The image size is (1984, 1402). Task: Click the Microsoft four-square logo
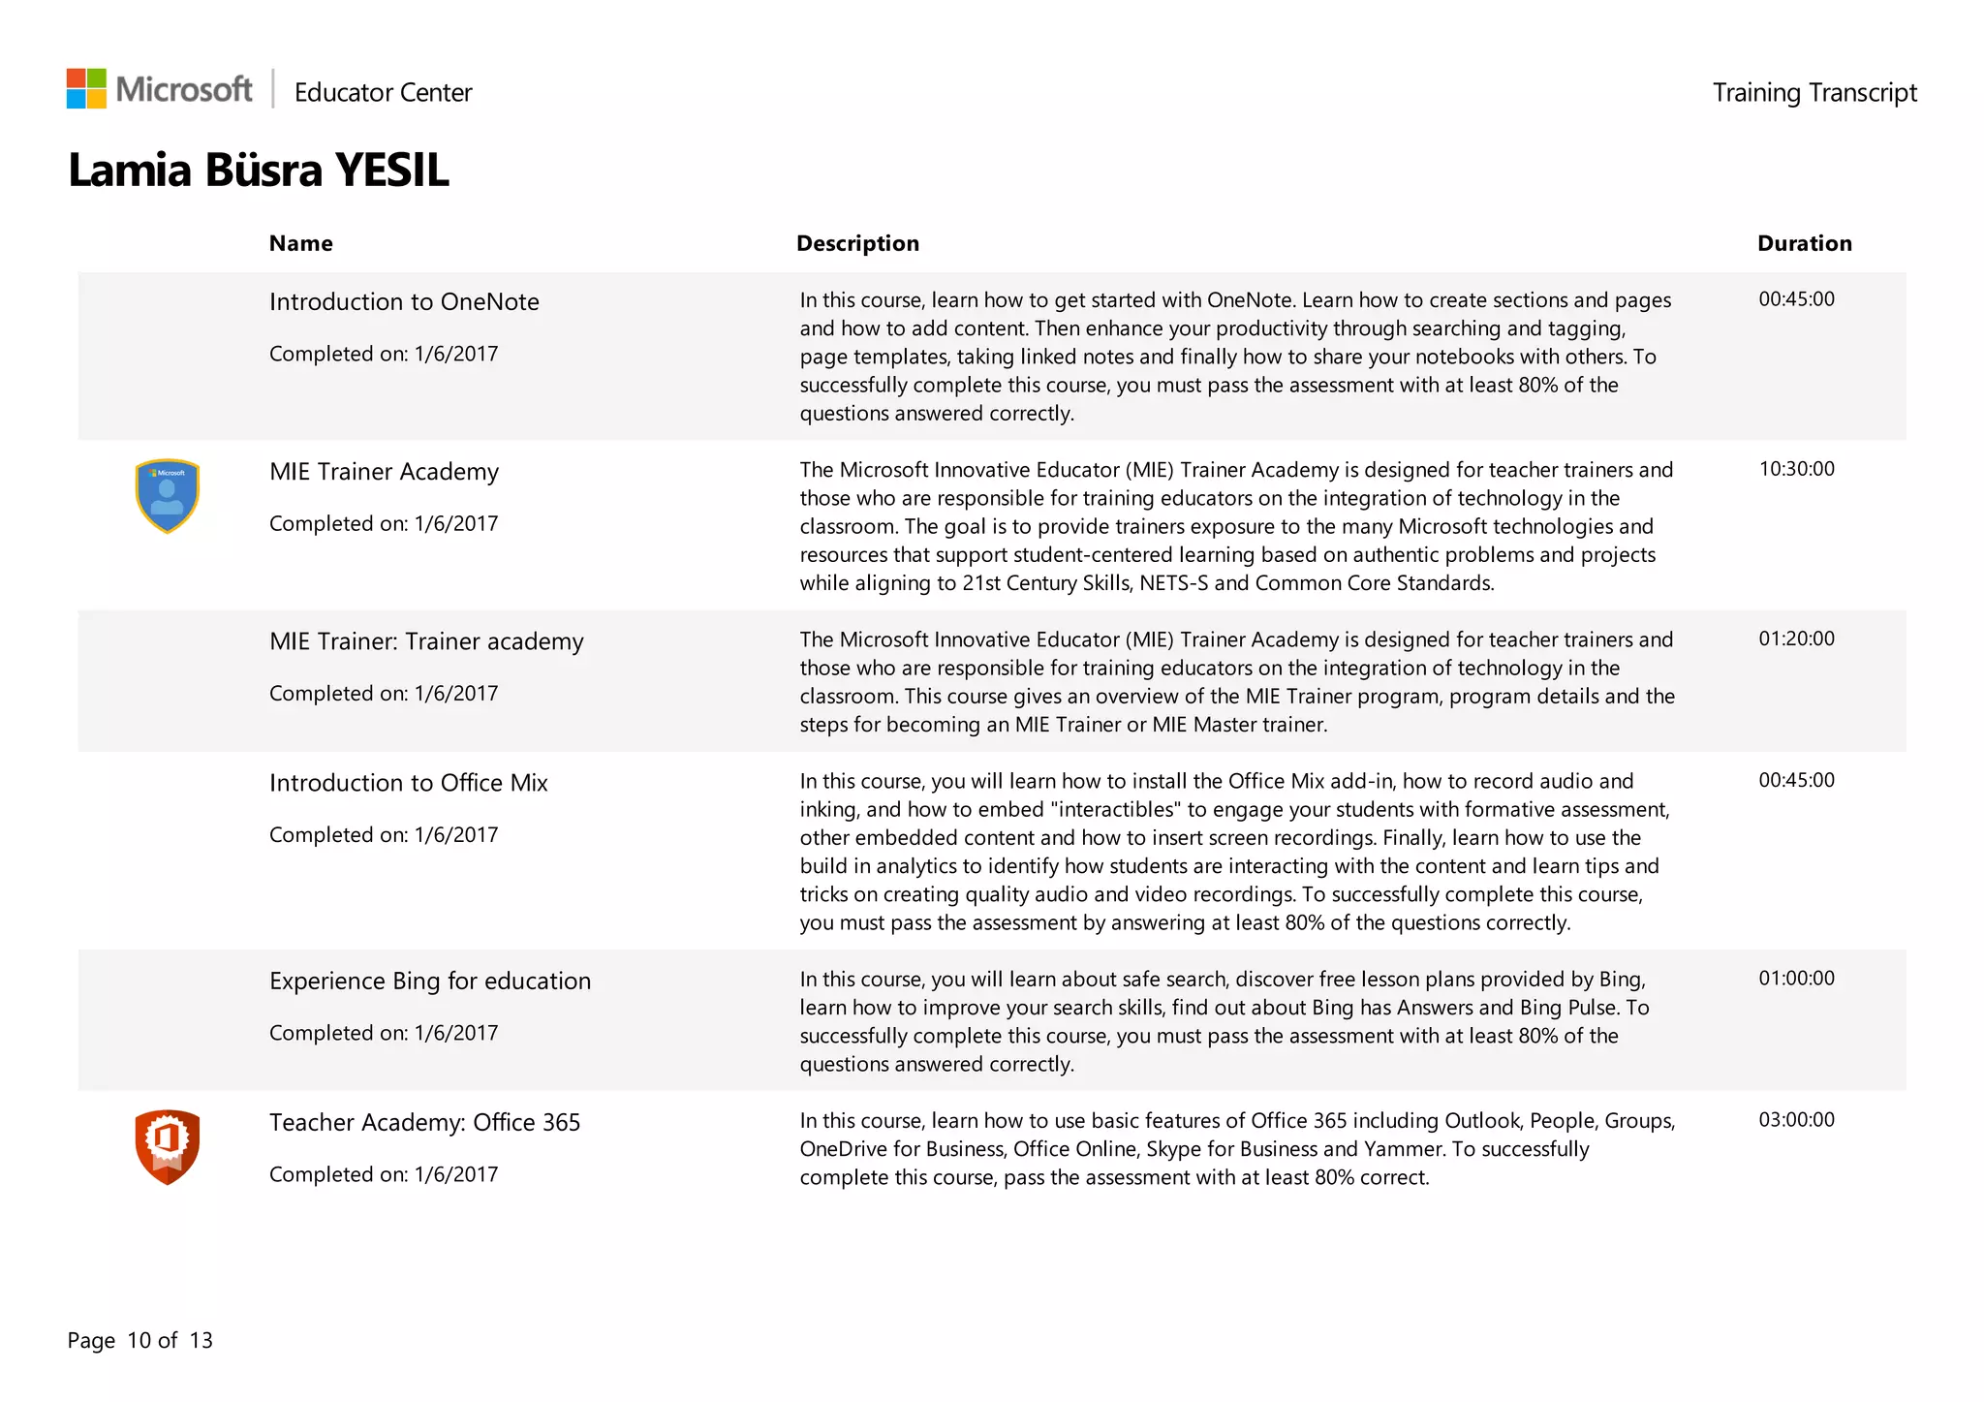(86, 88)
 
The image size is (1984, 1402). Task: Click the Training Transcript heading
(1813, 93)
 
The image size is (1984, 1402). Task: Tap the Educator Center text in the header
(383, 93)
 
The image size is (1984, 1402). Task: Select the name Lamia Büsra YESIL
(259, 171)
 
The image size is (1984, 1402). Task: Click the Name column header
(300, 243)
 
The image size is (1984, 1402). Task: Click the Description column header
(857, 243)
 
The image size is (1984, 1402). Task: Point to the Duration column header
(1804, 243)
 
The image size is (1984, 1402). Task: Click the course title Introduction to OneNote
(404, 302)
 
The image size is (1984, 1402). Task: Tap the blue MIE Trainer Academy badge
(168, 495)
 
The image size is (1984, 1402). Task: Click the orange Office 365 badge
(168, 1146)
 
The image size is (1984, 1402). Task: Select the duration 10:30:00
(1796, 469)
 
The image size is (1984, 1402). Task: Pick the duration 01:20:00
(1796, 639)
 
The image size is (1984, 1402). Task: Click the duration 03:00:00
(1796, 1120)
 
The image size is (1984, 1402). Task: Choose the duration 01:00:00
(1796, 979)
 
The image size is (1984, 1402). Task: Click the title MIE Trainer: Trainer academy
(426, 642)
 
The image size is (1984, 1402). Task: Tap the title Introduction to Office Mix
(408, 783)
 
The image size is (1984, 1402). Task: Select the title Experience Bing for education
(430, 981)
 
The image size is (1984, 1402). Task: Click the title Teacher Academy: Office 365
(424, 1123)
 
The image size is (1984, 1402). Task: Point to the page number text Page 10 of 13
(139, 1341)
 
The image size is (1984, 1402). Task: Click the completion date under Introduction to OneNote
(384, 355)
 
